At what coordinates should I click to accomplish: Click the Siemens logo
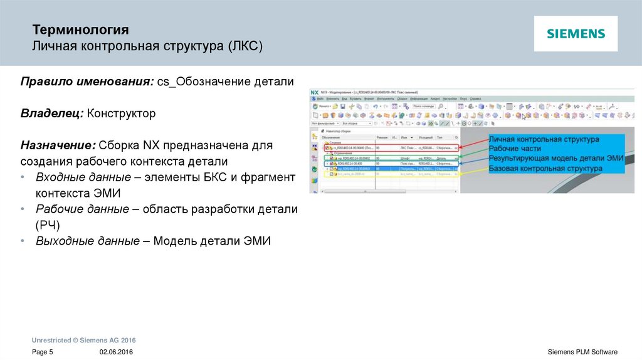point(576,34)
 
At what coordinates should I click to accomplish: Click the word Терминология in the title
point(81,30)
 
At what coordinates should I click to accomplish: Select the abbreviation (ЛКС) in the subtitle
point(245,47)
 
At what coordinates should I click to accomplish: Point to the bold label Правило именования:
point(87,83)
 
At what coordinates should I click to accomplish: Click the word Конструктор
point(121,114)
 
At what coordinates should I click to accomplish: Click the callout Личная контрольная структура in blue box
point(544,139)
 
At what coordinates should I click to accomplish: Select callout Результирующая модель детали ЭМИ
point(555,159)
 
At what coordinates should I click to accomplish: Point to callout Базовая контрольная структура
point(545,169)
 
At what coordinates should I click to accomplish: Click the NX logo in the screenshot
point(315,92)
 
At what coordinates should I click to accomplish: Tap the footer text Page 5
point(43,352)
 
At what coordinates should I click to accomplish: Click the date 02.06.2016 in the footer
point(116,352)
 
